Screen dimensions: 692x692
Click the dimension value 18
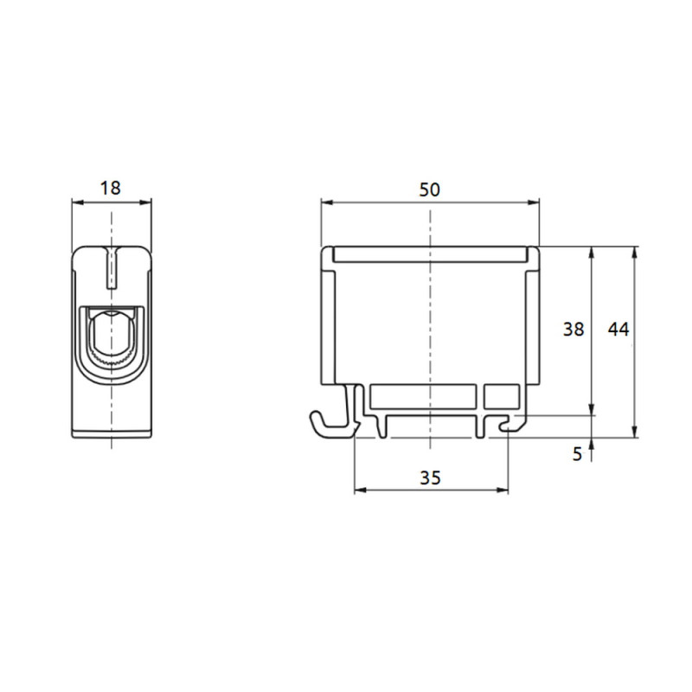(x=111, y=187)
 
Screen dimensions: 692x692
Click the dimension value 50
(x=429, y=189)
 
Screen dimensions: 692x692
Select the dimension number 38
(x=573, y=329)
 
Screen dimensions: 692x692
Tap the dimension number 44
(x=618, y=329)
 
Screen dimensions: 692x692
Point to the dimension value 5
(x=577, y=452)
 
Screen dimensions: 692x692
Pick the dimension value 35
(x=430, y=477)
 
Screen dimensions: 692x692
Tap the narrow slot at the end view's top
(x=111, y=268)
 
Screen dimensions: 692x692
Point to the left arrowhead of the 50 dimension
(x=325, y=202)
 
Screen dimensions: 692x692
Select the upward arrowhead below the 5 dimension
(x=592, y=444)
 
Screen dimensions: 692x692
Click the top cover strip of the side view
(x=430, y=254)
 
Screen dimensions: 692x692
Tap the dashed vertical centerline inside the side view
(x=430, y=329)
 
